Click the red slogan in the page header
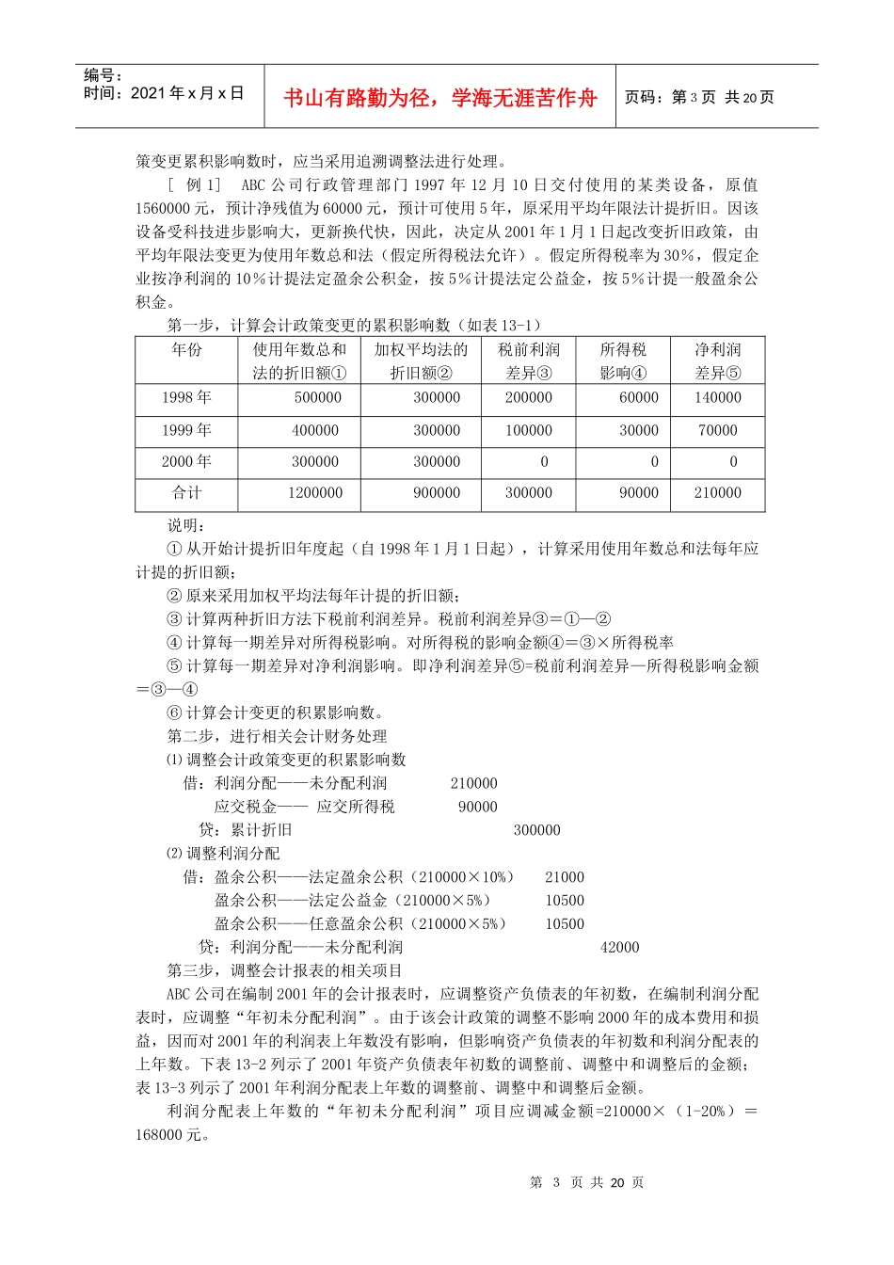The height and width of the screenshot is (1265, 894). coord(440,98)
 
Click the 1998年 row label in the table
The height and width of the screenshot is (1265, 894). coord(186,398)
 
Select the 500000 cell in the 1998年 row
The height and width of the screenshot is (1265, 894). coord(318,398)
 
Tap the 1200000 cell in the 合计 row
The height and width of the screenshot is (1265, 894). coord(315,493)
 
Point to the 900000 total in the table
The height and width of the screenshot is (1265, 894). coord(438,493)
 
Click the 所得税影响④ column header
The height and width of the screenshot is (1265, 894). coord(623,361)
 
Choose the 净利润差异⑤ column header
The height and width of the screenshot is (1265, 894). coord(718,361)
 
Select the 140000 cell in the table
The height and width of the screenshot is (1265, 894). coord(718,398)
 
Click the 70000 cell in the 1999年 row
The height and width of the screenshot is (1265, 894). coord(718,431)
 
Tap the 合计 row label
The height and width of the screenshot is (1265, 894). coord(186,493)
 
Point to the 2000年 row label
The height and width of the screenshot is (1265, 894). coord(186,462)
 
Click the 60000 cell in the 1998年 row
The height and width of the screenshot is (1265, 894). coord(639,398)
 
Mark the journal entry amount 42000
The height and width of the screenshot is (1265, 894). coord(620,948)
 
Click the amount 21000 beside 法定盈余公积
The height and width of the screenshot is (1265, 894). coord(565,877)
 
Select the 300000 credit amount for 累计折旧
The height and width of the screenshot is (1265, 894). coord(537,830)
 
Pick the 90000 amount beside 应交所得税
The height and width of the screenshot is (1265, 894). coord(478,807)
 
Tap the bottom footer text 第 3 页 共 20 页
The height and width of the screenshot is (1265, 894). coord(587,1183)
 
